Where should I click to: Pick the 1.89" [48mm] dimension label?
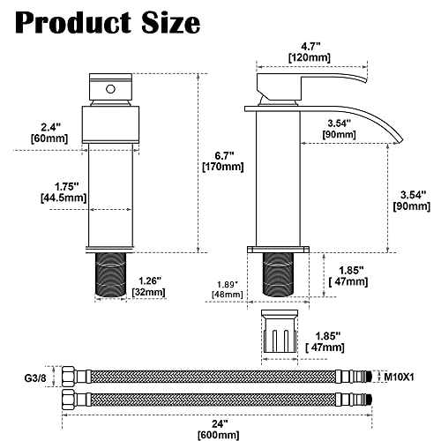click(226, 289)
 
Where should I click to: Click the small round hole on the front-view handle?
click(109, 90)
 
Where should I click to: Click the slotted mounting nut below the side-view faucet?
click(284, 335)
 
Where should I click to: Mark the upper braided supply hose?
click(220, 375)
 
